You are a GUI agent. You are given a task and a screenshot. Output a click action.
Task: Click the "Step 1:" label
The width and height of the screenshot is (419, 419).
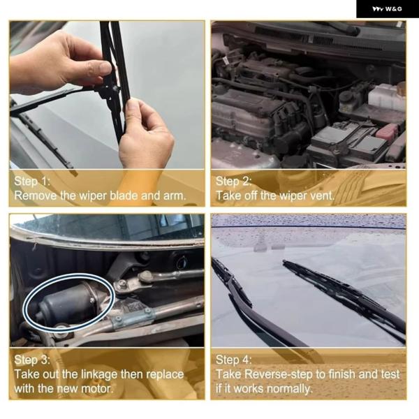(x=32, y=181)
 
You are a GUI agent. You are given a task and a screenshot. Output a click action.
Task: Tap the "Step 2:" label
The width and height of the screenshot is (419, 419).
(x=233, y=181)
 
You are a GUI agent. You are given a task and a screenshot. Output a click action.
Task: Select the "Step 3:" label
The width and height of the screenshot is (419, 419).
(x=32, y=360)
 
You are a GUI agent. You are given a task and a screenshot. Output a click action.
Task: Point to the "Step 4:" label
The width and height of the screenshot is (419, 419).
(x=233, y=360)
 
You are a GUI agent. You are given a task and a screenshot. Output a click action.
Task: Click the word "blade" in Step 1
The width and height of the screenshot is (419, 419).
(x=124, y=196)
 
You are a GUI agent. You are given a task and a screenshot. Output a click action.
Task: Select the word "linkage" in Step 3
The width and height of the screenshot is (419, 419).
(x=99, y=375)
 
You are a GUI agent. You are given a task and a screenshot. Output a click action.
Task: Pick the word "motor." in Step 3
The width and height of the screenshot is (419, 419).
(x=97, y=388)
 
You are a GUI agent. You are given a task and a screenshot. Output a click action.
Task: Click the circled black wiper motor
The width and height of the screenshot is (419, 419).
(x=69, y=303)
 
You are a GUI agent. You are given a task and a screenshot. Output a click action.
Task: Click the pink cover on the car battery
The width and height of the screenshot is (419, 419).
(x=387, y=132)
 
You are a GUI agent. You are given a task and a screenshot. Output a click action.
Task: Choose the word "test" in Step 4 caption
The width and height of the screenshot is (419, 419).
(x=390, y=374)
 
